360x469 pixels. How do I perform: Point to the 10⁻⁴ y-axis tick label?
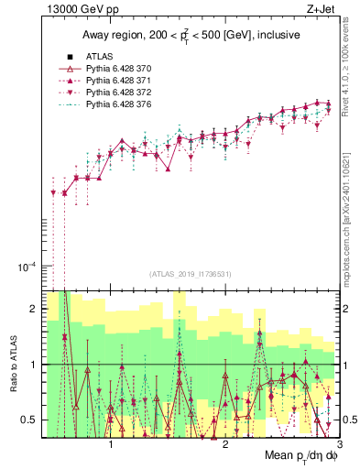pos(27,267)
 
